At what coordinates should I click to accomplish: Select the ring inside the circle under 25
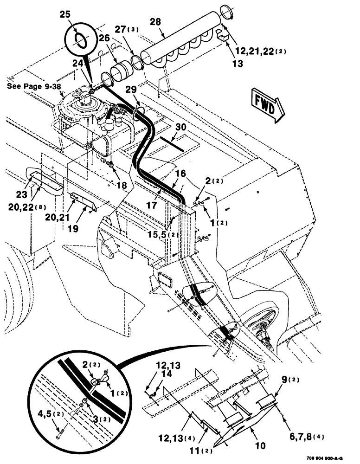pos(80,39)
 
